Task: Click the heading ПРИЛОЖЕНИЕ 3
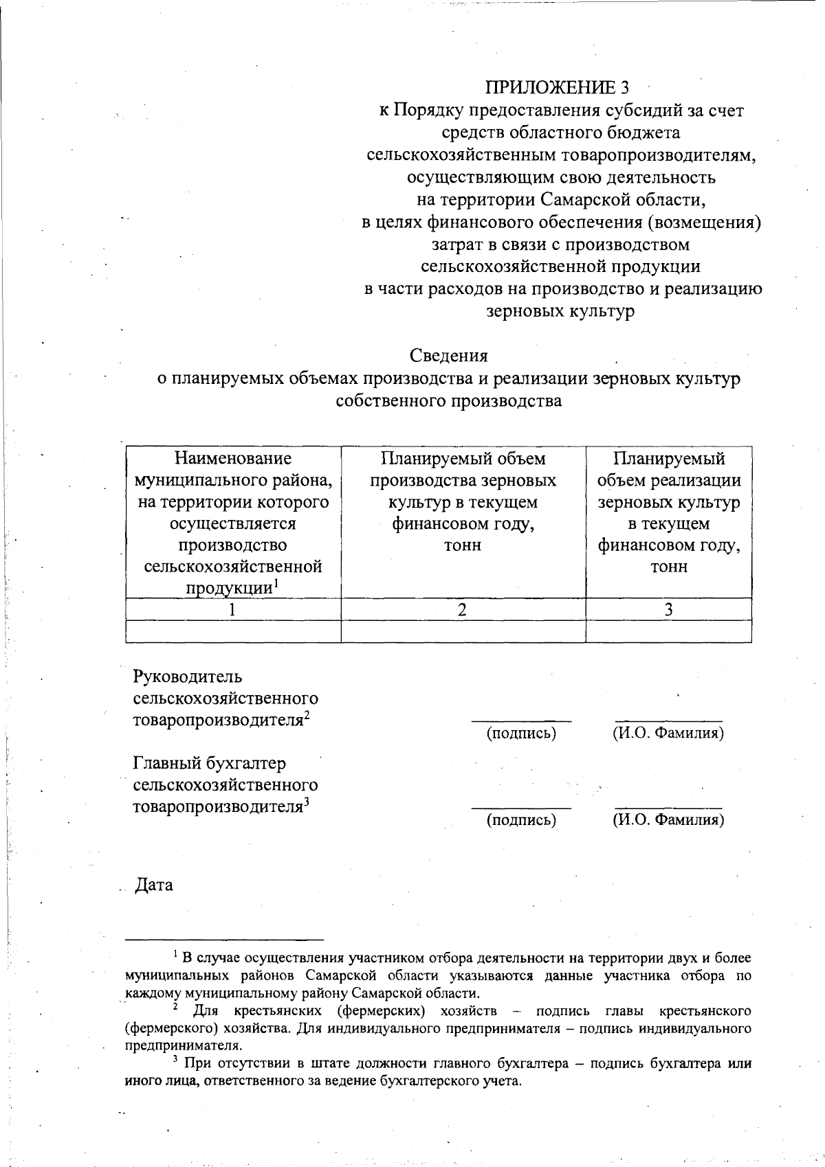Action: click(557, 87)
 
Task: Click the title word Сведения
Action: click(449, 356)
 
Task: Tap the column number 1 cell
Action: click(233, 609)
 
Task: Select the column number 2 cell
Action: click(463, 609)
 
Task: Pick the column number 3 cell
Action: click(668, 609)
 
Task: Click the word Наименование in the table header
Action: click(233, 458)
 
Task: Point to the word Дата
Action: click(154, 885)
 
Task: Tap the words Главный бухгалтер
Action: click(210, 763)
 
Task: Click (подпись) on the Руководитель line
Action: click(521, 733)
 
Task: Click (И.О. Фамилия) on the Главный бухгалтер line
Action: click(668, 819)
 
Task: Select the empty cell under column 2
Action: click(463, 631)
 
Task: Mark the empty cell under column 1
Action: click(233, 631)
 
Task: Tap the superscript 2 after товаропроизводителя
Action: click(307, 715)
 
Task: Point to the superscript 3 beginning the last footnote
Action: click(175, 1061)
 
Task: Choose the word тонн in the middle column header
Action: click(463, 545)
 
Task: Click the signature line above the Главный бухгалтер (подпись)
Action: click(521, 808)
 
